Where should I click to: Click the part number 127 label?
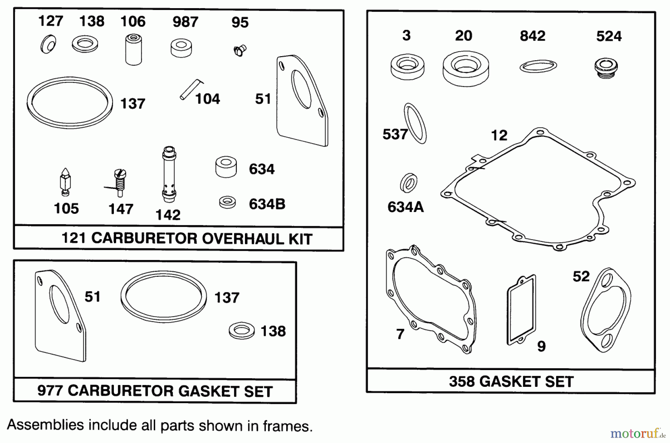(51, 21)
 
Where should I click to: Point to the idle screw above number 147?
(119, 182)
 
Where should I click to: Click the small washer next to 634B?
(227, 202)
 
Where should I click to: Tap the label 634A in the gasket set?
(405, 207)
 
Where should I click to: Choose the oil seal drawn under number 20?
(466, 68)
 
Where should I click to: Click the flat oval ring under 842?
(538, 66)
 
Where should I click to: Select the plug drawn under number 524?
(606, 68)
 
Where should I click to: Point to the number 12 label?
(499, 135)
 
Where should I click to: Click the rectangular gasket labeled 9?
(521, 310)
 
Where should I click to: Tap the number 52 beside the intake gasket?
(581, 276)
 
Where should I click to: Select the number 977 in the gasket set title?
(50, 391)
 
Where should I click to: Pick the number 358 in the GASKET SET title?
(462, 382)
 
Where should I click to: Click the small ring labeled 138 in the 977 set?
(242, 331)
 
